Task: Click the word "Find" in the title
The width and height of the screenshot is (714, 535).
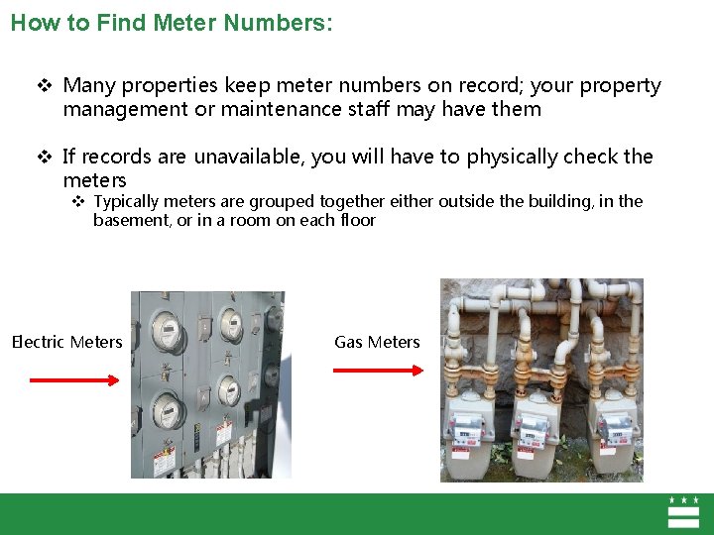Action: click(x=119, y=23)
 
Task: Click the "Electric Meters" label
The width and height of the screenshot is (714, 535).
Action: click(x=66, y=342)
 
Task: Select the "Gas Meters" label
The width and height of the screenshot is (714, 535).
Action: click(x=377, y=342)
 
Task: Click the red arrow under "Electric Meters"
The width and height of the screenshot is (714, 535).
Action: click(x=73, y=379)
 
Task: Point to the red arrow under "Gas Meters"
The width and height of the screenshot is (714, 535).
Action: click(x=378, y=371)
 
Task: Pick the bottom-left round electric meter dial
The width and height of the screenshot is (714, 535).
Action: click(x=167, y=408)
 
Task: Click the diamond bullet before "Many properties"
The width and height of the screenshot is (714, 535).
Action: click(x=44, y=86)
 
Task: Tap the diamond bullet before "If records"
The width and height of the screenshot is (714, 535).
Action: click(x=44, y=157)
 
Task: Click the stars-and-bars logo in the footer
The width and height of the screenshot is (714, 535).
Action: click(x=684, y=513)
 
